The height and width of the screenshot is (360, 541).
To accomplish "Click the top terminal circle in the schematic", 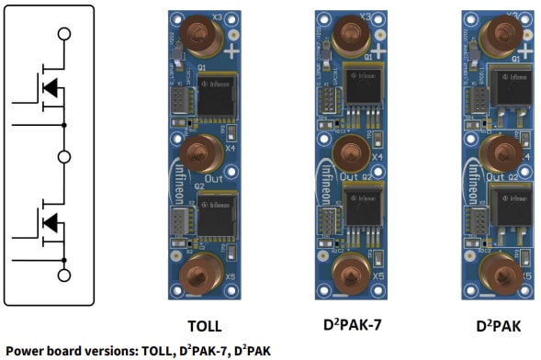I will [x=64, y=34].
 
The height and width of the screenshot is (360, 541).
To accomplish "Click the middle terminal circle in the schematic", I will [x=64, y=157].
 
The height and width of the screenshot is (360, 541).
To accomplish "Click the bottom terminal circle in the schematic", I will [x=64, y=275].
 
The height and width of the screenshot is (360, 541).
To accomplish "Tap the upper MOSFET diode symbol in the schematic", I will [x=51, y=88].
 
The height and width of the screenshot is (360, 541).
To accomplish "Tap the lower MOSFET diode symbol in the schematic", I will [x=51, y=222].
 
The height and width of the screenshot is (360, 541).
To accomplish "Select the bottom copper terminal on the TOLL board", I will [x=203, y=272].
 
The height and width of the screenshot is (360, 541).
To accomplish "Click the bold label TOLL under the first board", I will [x=203, y=324].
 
